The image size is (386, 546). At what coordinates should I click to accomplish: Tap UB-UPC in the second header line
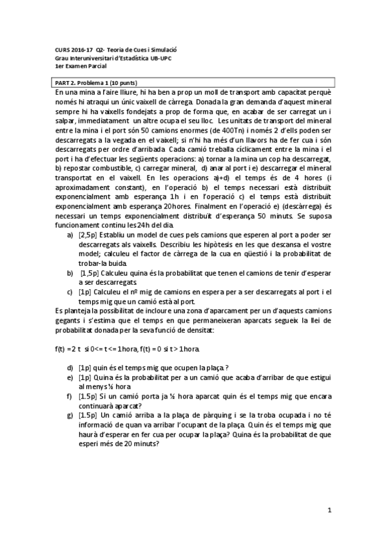pos(162,58)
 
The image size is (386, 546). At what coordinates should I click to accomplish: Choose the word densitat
pos(203,330)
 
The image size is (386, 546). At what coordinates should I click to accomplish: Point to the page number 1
pos(329,510)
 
